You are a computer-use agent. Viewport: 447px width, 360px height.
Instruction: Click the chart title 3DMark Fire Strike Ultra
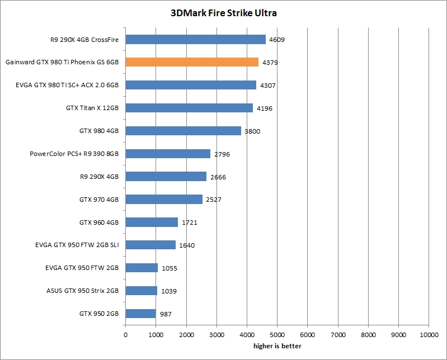[x=224, y=12]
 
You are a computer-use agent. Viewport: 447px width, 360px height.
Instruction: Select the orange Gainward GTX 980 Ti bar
[x=192, y=62]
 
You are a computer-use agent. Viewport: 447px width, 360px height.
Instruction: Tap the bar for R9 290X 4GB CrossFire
[x=195, y=39]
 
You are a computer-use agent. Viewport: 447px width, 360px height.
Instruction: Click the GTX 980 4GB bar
[x=183, y=131]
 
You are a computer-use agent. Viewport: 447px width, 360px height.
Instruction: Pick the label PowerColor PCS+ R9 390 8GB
[x=78, y=153]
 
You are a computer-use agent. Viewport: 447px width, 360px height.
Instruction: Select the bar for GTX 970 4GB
[x=164, y=199]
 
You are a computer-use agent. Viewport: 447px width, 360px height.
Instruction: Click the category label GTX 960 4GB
[x=99, y=222]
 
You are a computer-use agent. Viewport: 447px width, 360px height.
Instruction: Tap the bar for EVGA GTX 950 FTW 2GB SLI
[x=150, y=245]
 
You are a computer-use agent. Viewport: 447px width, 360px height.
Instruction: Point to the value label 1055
[x=170, y=268]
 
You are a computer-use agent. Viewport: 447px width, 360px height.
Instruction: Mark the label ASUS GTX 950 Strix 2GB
[x=82, y=291]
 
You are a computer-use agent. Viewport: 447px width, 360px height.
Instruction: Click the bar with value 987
[x=140, y=314]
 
